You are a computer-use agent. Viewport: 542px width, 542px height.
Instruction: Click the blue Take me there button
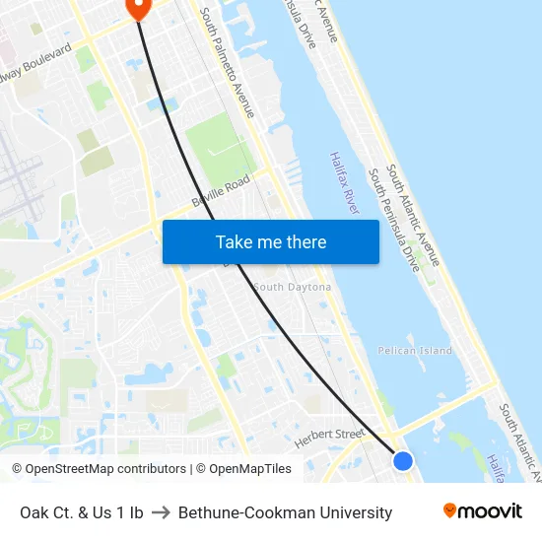tap(270, 241)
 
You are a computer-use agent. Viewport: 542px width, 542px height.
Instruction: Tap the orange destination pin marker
tap(137, 8)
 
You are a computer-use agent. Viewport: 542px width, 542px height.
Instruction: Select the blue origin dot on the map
tap(402, 460)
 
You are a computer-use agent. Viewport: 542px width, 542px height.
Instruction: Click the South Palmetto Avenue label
tap(227, 63)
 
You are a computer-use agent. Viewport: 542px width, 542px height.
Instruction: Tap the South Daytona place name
tap(292, 287)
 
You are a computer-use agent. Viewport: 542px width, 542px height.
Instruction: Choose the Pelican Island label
tap(415, 350)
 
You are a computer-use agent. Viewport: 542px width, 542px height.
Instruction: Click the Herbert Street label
tap(330, 434)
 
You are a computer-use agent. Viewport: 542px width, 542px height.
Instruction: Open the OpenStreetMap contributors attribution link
tap(99, 469)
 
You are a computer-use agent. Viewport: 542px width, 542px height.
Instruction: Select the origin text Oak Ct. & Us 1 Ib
tap(82, 512)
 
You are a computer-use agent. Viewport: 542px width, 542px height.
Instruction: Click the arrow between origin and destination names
tap(161, 512)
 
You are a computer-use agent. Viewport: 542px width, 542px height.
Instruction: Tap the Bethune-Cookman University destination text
tap(285, 512)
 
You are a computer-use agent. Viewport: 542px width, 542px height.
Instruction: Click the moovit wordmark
tap(490, 510)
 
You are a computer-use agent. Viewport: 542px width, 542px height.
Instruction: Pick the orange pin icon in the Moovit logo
tap(450, 510)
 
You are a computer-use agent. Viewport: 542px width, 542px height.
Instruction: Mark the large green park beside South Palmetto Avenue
tap(219, 149)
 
